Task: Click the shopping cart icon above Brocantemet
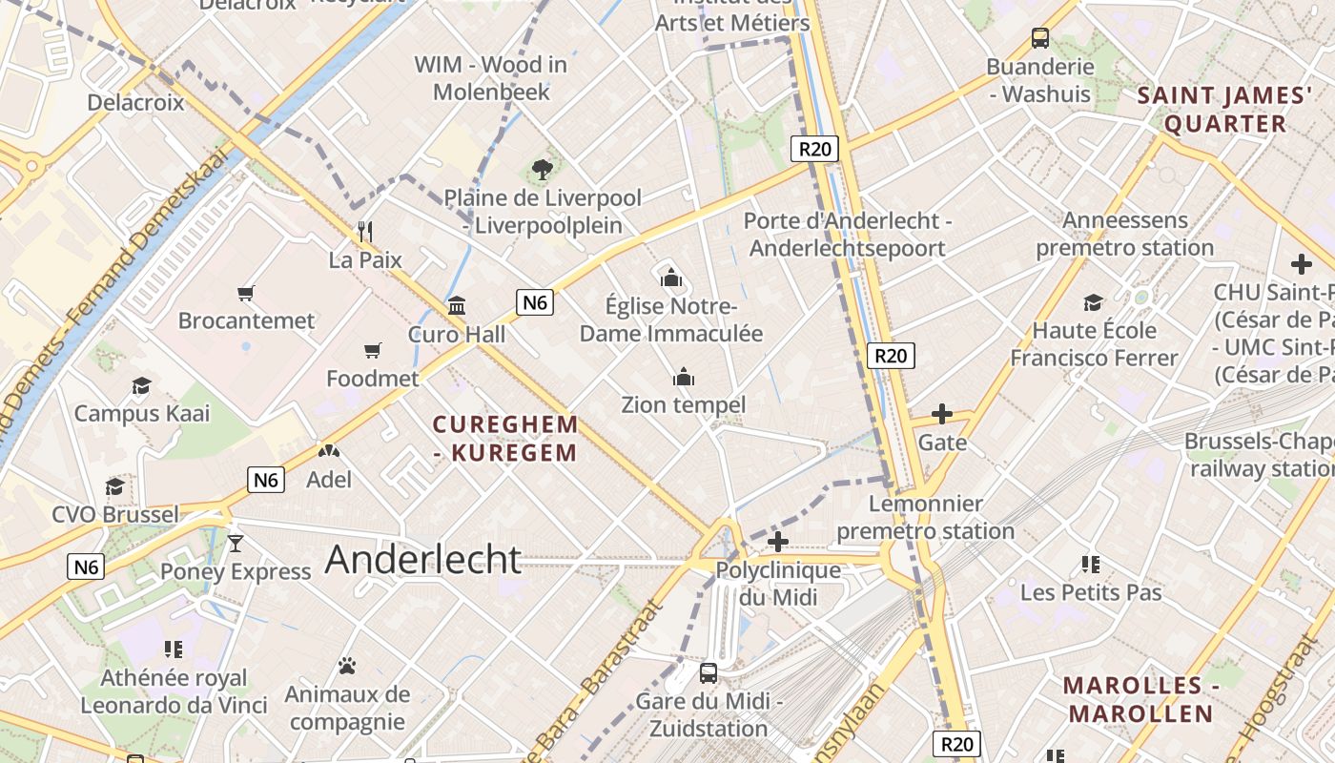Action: (x=246, y=294)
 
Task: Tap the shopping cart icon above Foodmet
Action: (x=372, y=351)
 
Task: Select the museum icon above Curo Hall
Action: (x=457, y=306)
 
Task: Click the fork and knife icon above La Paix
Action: (x=364, y=232)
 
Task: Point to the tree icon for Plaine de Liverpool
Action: (x=542, y=171)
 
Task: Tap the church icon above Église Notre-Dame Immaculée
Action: (x=671, y=278)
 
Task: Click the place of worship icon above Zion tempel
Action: (x=683, y=378)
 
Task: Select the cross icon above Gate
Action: (x=941, y=414)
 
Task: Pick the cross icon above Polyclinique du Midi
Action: (x=777, y=542)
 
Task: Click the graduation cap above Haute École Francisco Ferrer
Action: (x=1093, y=303)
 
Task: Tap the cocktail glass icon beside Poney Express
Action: (x=236, y=544)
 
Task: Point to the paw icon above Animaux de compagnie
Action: (x=347, y=666)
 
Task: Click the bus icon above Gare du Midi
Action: (x=708, y=673)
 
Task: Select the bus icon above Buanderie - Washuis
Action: (x=1039, y=39)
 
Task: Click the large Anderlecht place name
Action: (x=423, y=560)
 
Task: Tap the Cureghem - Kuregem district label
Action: (x=505, y=438)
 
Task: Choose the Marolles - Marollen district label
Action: (x=1140, y=699)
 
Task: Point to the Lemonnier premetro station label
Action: (x=925, y=517)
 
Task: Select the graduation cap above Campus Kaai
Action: (x=142, y=385)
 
